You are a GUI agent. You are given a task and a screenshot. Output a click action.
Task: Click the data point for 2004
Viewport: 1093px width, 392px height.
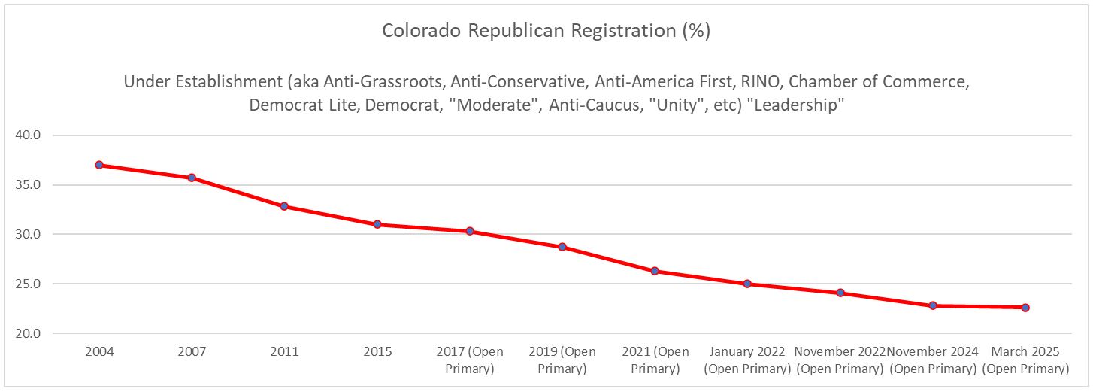coord(98,165)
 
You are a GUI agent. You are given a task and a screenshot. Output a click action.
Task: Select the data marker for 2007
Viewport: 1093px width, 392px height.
coord(192,178)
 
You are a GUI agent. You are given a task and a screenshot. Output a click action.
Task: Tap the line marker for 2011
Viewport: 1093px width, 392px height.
coord(284,206)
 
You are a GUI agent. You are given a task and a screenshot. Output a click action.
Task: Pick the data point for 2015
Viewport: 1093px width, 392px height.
coord(377,224)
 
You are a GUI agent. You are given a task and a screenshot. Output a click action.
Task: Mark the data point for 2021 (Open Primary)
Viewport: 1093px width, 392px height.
coord(655,271)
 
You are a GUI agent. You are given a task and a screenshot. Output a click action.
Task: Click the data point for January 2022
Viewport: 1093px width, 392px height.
coord(747,284)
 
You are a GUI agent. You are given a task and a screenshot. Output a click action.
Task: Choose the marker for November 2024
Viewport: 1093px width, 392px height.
coord(933,305)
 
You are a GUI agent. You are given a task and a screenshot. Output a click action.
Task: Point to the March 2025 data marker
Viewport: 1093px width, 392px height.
coord(1025,308)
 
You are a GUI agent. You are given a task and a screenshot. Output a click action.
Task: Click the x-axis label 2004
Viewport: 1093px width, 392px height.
coord(98,352)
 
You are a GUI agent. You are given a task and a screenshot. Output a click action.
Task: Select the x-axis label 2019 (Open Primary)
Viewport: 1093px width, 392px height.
coord(562,360)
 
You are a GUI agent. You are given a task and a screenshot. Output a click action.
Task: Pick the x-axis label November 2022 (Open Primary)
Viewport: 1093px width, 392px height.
coord(840,360)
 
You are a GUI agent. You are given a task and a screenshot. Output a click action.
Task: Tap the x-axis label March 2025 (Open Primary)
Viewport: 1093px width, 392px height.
coord(1025,360)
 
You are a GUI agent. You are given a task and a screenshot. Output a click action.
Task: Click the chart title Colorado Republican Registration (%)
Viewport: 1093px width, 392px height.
coord(546,31)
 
